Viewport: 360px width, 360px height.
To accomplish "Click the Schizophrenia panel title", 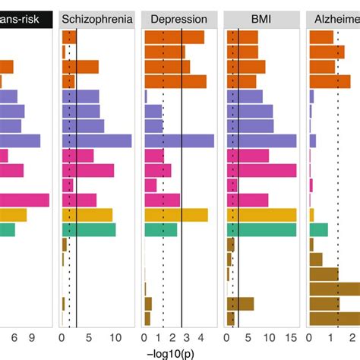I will [96, 19].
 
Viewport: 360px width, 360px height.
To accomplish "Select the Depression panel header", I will [178, 19].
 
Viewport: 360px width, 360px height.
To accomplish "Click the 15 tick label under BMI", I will [291, 339].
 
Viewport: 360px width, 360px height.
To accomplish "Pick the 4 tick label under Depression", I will [201, 339].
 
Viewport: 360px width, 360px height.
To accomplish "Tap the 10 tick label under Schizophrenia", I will [115, 339].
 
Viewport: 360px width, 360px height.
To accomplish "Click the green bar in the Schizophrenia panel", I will [88, 229].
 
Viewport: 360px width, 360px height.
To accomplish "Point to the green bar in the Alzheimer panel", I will [318, 229].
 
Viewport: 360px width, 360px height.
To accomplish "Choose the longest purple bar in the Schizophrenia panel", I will [96, 141].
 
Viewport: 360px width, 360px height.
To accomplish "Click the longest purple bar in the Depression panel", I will [178, 141].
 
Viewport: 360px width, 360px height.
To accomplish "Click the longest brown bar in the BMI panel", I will [240, 304].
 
